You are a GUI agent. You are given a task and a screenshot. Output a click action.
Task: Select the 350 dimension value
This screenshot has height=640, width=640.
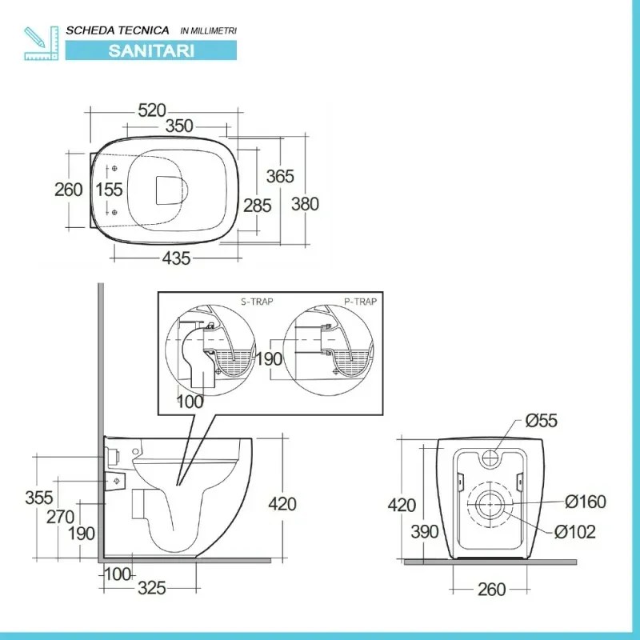(180, 126)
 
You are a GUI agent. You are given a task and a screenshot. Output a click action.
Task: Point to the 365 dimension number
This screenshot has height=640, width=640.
(281, 176)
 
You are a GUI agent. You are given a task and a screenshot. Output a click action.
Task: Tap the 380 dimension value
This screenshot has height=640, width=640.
(305, 204)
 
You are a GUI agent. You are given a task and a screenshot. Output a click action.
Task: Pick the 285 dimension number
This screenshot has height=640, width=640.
(258, 206)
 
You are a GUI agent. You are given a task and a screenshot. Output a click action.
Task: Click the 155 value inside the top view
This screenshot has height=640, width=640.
(109, 190)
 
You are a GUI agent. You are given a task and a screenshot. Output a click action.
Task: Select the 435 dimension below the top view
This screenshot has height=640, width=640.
(176, 258)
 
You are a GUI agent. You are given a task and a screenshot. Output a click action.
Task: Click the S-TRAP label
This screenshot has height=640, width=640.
(256, 302)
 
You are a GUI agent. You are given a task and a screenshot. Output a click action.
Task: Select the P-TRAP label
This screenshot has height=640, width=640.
(360, 302)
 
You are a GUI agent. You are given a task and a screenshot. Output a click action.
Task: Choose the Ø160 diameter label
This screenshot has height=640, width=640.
(586, 502)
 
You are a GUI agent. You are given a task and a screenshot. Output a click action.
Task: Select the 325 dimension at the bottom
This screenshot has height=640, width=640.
(150, 589)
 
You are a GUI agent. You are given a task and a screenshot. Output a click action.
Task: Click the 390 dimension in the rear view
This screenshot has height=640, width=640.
(426, 531)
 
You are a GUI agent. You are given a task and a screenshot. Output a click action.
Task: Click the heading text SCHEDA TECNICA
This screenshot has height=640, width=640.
(118, 30)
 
